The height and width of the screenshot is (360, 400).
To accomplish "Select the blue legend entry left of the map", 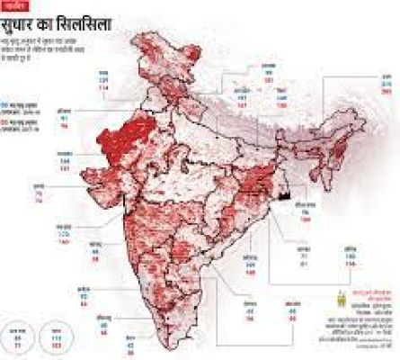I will [x=20, y=105].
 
